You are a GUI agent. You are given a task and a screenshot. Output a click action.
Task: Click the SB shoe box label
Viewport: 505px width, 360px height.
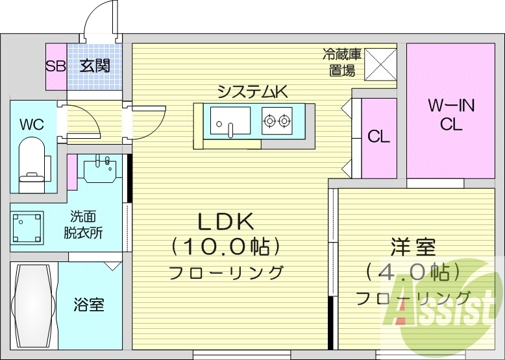tap(55, 66)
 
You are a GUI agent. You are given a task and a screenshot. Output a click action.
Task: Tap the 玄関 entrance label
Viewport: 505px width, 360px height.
tap(95, 66)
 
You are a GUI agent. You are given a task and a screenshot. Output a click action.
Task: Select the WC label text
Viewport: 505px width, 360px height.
tap(31, 125)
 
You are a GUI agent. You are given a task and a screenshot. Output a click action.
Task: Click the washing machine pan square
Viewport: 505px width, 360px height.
tap(28, 228)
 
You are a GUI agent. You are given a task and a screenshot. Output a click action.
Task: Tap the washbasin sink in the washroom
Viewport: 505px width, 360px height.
tap(102, 171)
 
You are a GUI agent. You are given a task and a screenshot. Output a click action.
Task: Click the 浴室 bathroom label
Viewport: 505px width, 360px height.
tap(89, 304)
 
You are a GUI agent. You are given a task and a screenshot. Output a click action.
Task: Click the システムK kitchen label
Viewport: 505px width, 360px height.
tap(252, 91)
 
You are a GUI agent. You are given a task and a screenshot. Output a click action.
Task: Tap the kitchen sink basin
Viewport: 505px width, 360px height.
tap(230, 121)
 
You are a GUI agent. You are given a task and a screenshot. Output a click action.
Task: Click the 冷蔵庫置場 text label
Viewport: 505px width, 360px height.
tap(342, 62)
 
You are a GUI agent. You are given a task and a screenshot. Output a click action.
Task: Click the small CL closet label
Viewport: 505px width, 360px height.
tap(378, 137)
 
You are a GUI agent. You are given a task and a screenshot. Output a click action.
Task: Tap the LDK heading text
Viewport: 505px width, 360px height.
tap(225, 222)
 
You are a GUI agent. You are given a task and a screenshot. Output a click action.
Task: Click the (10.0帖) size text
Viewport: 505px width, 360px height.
tap(225, 247)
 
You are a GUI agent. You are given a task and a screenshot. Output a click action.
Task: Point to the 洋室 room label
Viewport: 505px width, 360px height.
tap(413, 247)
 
